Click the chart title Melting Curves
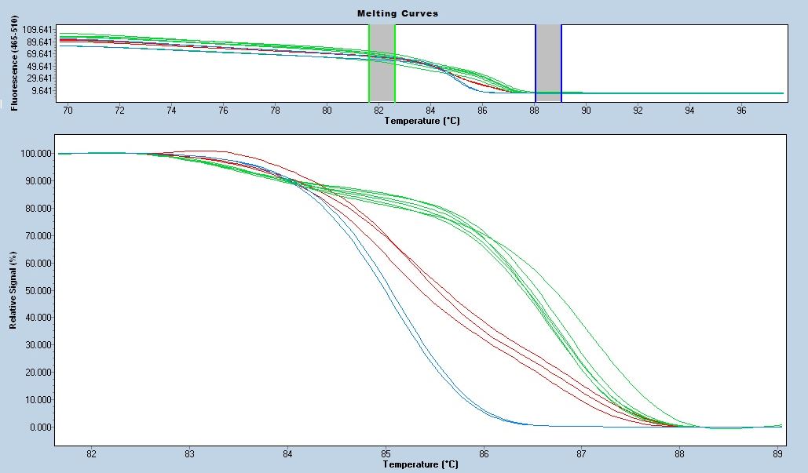pos(397,13)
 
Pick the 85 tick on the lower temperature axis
pos(386,453)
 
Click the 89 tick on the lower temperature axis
pos(777,453)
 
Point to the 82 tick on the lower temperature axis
pos(91,453)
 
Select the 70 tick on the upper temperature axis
pos(68,111)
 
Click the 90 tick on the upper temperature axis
pos(586,111)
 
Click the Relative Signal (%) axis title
pos(13,289)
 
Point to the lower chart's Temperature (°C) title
pos(419,464)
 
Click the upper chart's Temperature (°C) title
pos(419,121)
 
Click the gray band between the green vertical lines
pos(382,63)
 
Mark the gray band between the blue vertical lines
pos(548,63)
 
